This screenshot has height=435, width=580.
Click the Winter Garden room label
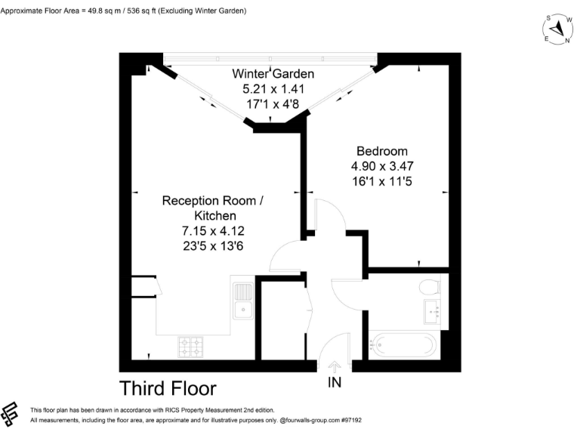coord(273,74)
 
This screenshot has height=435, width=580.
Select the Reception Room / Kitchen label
coord(214,208)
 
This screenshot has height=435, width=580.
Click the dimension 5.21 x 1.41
coord(273,88)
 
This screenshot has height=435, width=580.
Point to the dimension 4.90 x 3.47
coord(382,166)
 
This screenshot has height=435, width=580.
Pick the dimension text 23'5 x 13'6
coord(214,245)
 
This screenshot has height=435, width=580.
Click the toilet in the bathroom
coord(430,288)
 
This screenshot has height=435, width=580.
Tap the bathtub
coord(402,346)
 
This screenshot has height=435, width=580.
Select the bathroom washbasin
coord(432,309)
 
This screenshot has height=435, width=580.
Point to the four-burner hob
coord(191,347)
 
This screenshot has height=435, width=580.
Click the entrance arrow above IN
coord(335,366)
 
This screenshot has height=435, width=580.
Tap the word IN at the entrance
coord(335,382)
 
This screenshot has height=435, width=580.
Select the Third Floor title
coord(168,388)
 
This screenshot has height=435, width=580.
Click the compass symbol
coord(557,29)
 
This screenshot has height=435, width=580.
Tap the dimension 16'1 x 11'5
coord(381,181)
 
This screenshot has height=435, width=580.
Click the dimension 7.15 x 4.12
coord(214,230)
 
